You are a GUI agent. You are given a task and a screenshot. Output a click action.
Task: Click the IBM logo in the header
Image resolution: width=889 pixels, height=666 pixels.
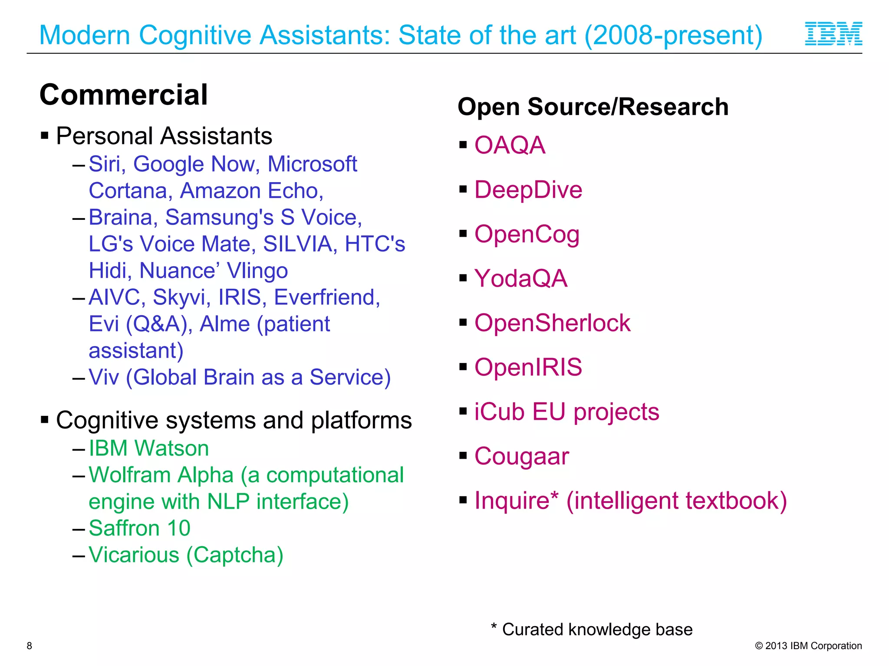click(833, 34)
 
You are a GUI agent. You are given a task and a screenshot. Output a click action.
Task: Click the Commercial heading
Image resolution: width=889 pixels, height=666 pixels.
click(124, 95)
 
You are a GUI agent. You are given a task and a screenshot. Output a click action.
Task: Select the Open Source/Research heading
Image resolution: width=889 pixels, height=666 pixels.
click(593, 107)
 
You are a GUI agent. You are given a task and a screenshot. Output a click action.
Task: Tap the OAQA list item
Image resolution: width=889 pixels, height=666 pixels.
click(510, 145)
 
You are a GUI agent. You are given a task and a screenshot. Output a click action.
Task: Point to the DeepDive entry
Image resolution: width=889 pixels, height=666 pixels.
click(528, 190)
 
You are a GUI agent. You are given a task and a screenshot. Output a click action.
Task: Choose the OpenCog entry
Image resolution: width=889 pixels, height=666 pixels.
click(527, 235)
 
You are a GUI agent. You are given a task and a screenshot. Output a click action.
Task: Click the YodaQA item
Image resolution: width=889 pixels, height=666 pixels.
click(521, 279)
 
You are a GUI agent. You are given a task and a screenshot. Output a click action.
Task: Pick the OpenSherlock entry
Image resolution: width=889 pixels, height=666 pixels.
click(552, 323)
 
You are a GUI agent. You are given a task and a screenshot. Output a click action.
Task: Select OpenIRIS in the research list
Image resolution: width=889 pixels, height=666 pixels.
click(528, 368)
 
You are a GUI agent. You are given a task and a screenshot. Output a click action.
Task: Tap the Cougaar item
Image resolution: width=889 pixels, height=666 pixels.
click(521, 457)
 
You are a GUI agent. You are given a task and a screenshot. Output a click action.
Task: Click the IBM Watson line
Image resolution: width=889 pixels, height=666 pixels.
click(148, 448)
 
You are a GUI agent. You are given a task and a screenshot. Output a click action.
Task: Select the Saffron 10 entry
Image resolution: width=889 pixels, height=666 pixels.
click(139, 529)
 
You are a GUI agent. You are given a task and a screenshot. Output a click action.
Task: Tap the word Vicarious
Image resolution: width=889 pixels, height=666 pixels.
click(134, 555)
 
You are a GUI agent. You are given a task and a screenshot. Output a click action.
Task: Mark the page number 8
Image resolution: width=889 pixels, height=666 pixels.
click(30, 646)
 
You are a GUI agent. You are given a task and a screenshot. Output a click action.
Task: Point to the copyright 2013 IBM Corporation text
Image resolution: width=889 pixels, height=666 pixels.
click(808, 646)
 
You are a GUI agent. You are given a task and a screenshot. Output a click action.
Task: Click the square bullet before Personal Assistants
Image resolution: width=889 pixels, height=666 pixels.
click(45, 136)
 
